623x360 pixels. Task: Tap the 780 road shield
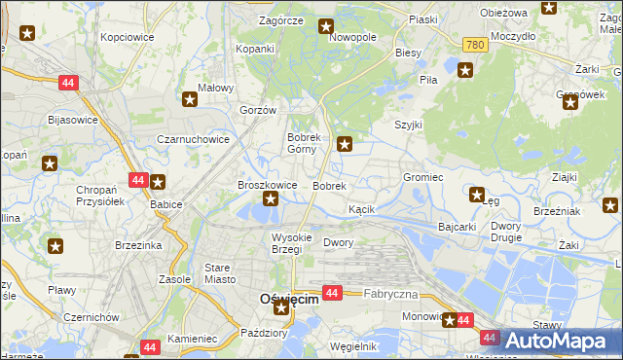point(475,46)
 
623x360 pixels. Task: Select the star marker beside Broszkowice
point(271,199)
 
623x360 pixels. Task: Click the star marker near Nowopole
point(326,27)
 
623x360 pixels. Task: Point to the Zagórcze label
point(281,20)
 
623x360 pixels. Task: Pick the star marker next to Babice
point(158,181)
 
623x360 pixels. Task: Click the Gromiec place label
point(423,178)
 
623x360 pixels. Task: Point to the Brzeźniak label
point(557,211)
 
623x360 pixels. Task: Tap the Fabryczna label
point(390,294)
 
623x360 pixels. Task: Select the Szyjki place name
point(408,126)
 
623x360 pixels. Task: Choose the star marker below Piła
point(465,70)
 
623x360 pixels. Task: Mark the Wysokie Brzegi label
point(291,243)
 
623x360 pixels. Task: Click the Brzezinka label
point(137,245)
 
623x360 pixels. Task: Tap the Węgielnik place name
point(353,346)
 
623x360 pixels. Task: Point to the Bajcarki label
point(457,227)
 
